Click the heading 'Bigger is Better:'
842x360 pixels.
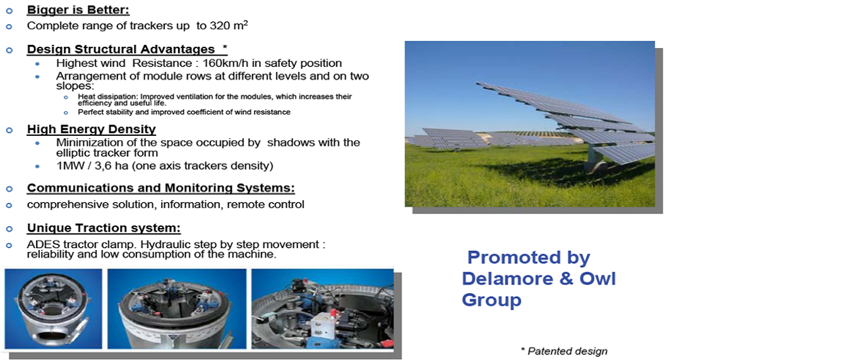click(78, 9)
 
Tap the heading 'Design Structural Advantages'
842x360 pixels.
click(121, 49)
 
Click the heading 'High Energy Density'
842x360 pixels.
click(92, 129)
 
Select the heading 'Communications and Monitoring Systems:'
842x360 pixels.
click(161, 188)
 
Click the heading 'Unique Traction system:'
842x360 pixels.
click(104, 228)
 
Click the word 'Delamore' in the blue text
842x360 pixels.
click(507, 279)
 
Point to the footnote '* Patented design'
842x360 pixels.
click(564, 351)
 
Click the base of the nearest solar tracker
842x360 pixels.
click(596, 167)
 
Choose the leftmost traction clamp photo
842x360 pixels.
click(54, 308)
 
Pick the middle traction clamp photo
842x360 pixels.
click(177, 308)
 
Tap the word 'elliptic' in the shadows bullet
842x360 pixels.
click(73, 153)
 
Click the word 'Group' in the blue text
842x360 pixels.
click(491, 301)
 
